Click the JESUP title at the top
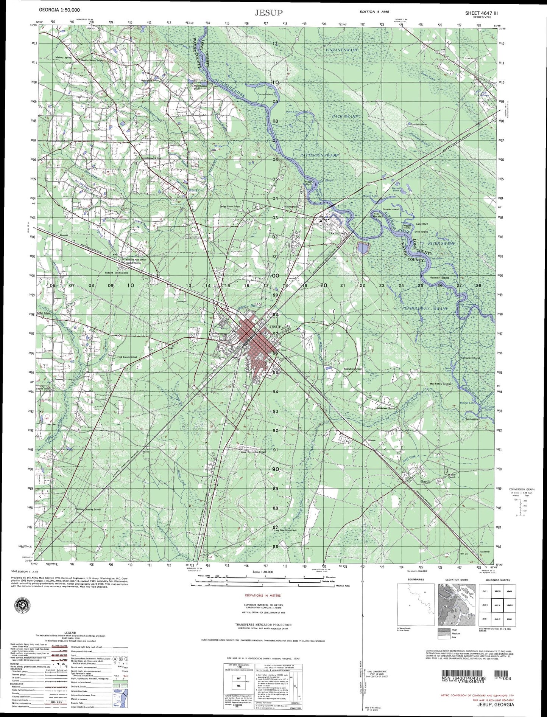click(x=268, y=13)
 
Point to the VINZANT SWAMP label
click(x=341, y=50)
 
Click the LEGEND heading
click(x=70, y=633)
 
